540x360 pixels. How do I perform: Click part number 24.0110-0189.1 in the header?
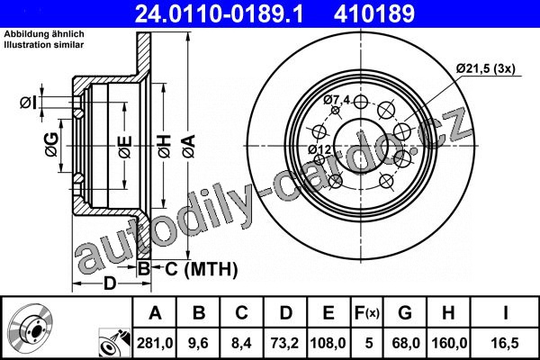(219, 14)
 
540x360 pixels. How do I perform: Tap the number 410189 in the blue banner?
(374, 14)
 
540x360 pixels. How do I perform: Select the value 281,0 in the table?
(155, 343)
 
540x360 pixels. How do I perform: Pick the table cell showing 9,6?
(198, 343)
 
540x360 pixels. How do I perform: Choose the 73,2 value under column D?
(285, 343)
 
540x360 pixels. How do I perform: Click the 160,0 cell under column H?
(449, 343)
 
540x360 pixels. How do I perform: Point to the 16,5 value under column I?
(506, 343)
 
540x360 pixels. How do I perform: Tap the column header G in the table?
(405, 313)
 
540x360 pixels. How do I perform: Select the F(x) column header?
(367, 313)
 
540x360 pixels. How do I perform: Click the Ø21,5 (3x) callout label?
(486, 68)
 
